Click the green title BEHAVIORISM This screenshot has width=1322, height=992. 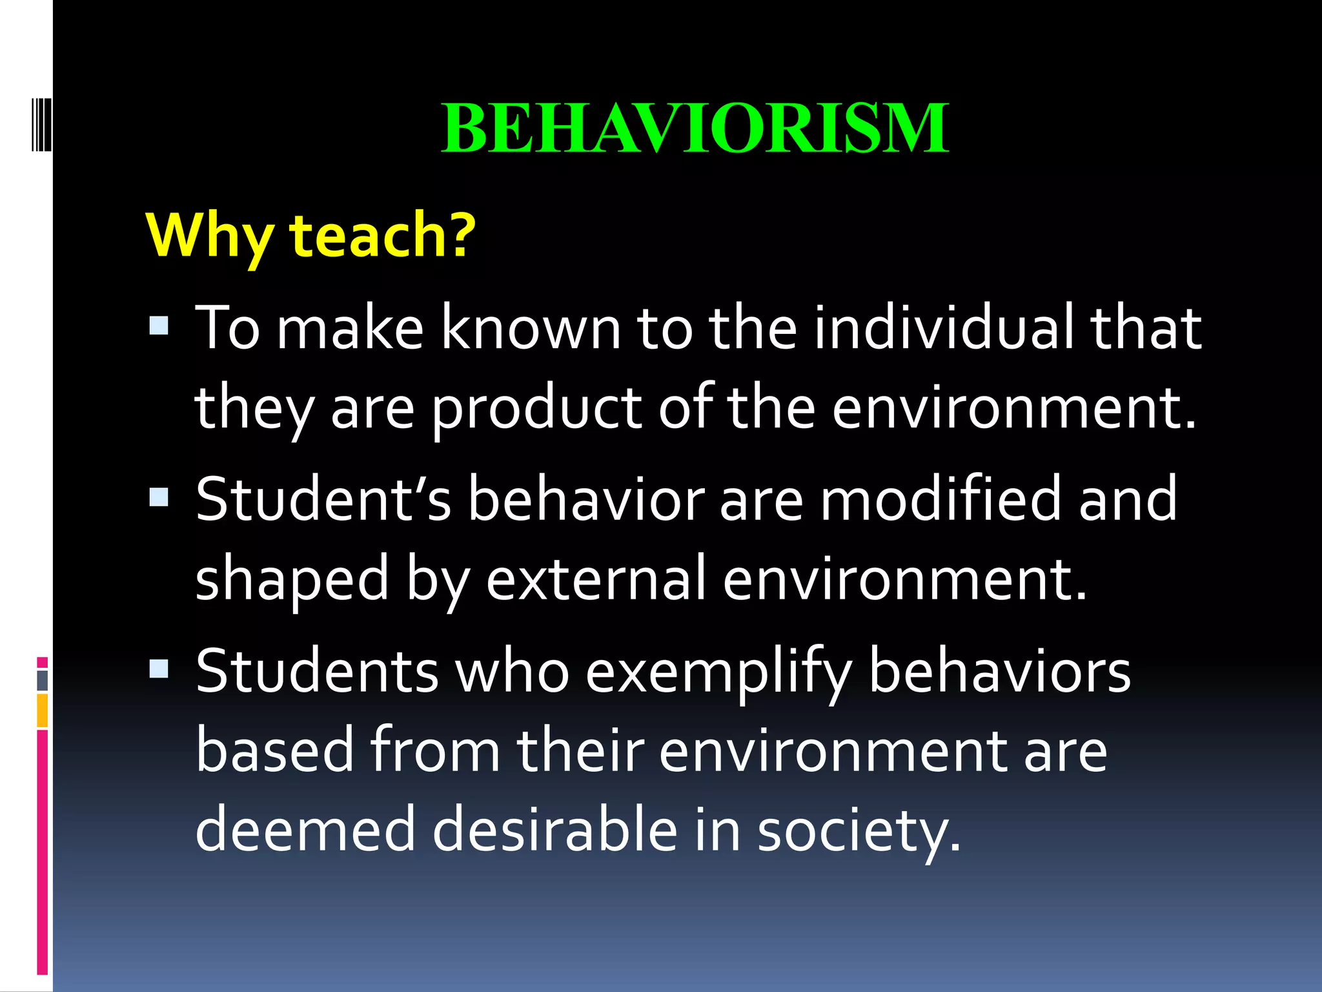pos(695,129)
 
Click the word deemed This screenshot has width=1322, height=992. pos(305,830)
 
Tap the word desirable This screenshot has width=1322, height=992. pos(554,830)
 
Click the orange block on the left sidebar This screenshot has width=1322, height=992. pos(43,710)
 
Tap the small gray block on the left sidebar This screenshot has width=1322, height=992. pos(43,680)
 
